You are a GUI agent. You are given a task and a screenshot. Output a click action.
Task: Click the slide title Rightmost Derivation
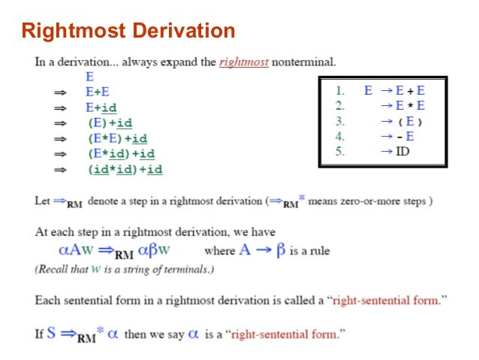[x=128, y=32]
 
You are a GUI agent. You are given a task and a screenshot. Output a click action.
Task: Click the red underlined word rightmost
[x=244, y=62]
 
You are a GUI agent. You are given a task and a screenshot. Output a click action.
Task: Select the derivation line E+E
[x=98, y=92]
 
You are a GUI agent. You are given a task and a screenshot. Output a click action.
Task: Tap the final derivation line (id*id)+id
[x=125, y=170]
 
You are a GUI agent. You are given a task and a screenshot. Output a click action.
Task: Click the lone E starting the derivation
[x=89, y=77]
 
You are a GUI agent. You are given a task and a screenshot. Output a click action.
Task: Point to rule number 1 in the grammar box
[x=339, y=90]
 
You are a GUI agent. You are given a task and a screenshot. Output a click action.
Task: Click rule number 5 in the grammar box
[x=339, y=152]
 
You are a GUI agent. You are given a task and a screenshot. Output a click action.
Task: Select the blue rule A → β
[x=262, y=250]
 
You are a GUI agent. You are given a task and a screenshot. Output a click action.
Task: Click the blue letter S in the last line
[x=51, y=332]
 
